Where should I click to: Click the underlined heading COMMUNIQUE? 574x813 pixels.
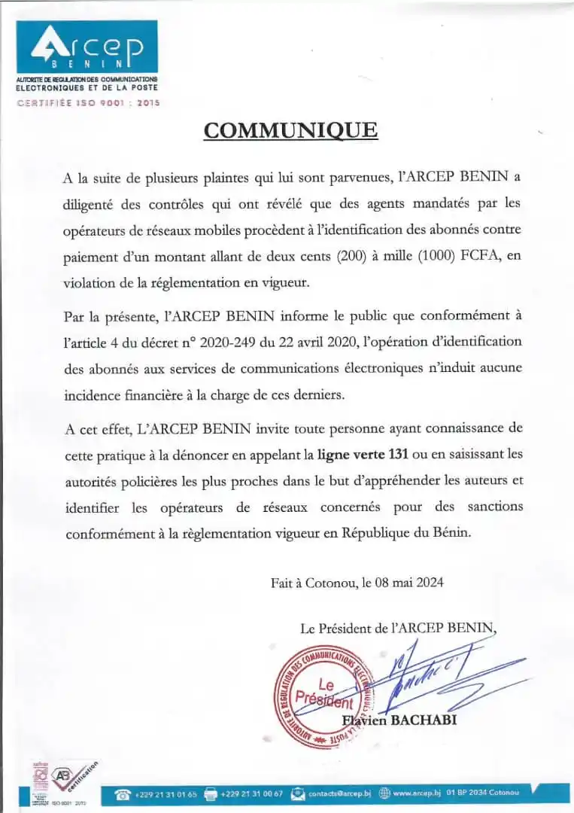coord(290,130)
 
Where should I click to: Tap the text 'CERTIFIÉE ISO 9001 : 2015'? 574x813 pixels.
coord(88,103)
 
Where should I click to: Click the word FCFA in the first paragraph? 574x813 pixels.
coord(481,257)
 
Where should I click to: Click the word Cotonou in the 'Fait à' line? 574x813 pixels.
coord(333,582)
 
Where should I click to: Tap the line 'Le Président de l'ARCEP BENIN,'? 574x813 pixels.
coord(399,627)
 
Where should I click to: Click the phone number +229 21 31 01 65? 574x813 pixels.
coord(166,794)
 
